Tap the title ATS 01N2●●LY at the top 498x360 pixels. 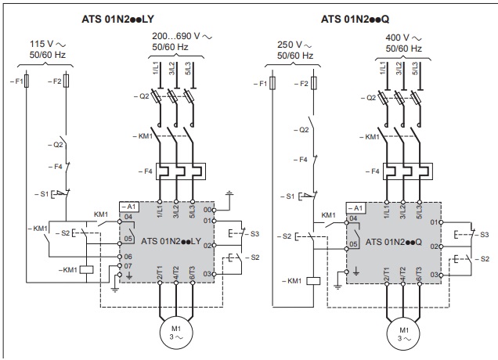[x=117, y=19]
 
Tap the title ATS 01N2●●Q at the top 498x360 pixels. [x=355, y=19]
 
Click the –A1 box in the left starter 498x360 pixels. [x=129, y=207]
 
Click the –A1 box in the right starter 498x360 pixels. [x=355, y=208]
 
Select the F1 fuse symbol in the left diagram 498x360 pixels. [x=27, y=81]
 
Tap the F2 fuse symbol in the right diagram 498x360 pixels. [x=313, y=83]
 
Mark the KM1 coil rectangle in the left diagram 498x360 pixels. [x=86, y=270]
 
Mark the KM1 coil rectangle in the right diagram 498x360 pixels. [x=313, y=281]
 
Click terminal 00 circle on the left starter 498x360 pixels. [x=214, y=211]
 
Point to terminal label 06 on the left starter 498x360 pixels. [x=128, y=257]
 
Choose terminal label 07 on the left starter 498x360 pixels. [x=128, y=266]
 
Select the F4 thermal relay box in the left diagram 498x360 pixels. [x=181, y=171]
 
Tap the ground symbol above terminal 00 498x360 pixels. [x=229, y=193]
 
